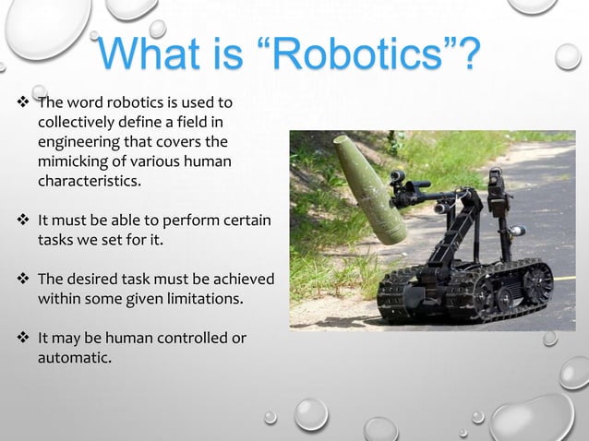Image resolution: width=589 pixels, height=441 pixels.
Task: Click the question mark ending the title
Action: (467, 55)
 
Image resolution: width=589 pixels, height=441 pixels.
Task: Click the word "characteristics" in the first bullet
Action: (89, 181)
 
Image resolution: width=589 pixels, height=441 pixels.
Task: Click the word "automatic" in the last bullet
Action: (73, 359)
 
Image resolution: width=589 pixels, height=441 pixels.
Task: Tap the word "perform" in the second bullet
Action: (185, 221)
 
